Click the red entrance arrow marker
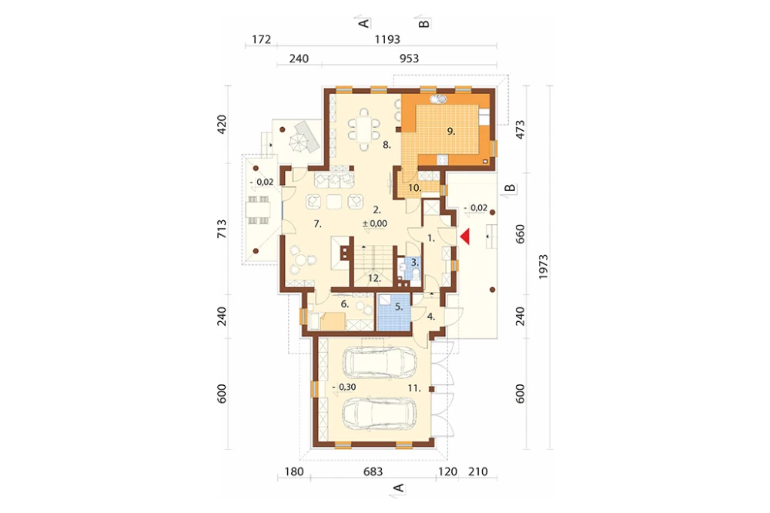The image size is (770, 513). [465, 236]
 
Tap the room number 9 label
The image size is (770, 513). [450, 131]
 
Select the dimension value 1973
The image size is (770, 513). [543, 267]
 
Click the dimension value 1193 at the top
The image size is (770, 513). [387, 39]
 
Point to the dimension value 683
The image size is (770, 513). [373, 471]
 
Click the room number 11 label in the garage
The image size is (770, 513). [414, 388]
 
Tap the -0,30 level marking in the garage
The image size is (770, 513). [343, 387]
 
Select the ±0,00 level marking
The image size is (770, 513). [375, 223]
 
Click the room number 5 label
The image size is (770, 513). [399, 307]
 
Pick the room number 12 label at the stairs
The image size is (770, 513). [374, 278]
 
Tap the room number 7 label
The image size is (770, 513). [318, 224]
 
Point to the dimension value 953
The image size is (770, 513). [409, 59]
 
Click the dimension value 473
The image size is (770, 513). [520, 129]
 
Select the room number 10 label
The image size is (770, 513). [414, 188]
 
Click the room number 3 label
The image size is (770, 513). [414, 263]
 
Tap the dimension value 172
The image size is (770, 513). [261, 39]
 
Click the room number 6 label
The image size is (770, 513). [345, 304]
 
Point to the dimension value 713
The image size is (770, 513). [222, 229]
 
